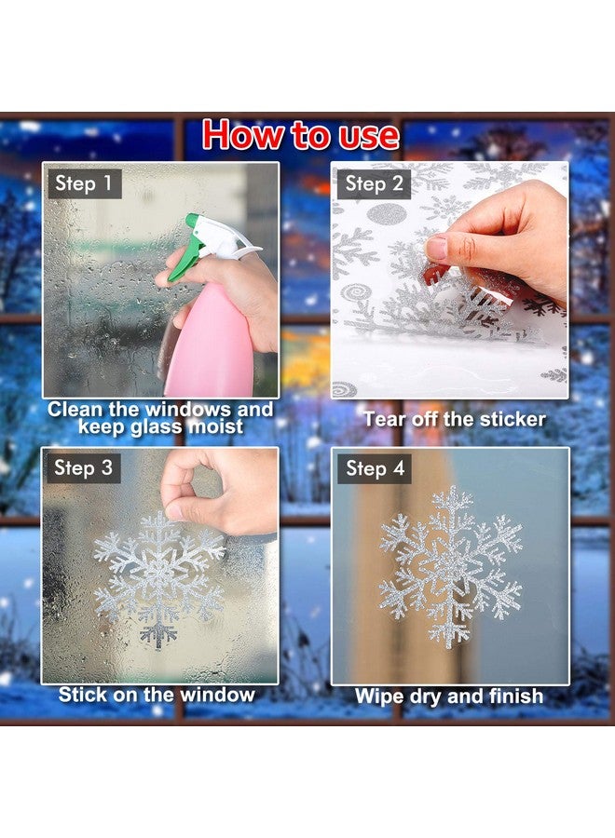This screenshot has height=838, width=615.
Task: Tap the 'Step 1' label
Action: (83, 183)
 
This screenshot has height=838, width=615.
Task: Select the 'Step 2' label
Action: (374, 184)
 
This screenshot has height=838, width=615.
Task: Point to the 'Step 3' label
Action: (83, 468)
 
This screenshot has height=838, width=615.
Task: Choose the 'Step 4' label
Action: (374, 468)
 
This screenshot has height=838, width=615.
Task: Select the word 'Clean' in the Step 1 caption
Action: (75, 410)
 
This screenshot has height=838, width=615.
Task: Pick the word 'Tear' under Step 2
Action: (384, 420)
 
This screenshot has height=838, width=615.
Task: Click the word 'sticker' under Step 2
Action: (509, 420)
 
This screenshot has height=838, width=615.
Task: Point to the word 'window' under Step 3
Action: (218, 695)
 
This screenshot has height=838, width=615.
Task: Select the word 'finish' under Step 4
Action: (514, 696)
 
